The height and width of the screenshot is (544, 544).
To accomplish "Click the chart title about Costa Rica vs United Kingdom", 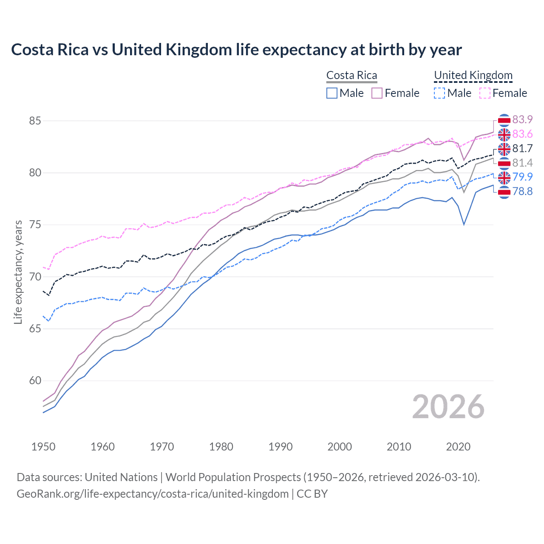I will coord(236,50).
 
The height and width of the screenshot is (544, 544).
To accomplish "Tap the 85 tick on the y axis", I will coord(35,121).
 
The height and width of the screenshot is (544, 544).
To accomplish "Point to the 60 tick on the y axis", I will coord(35,381).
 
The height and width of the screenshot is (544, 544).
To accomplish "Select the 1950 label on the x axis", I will coord(43,447).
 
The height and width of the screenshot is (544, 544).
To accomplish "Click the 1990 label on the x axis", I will coord(280,447).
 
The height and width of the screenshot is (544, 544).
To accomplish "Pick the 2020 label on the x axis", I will coord(458,447).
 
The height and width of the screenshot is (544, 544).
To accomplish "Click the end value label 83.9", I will coord(522,119).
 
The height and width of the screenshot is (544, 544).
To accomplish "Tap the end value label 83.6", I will coord(522,134).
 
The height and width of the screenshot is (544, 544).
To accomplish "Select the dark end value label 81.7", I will coord(522,148).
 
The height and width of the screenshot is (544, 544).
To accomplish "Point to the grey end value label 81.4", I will coord(522,163).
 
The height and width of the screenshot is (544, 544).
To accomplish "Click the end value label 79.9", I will coord(522,177).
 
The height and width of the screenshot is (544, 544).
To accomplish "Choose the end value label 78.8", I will coord(522,191).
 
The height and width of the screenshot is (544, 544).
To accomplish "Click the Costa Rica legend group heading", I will coord(351,75).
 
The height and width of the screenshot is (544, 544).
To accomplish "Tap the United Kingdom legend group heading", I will coord(473,75).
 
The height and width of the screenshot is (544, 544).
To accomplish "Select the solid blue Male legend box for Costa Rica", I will coord(332,93).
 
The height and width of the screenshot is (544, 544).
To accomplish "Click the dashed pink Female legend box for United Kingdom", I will coord(485,93).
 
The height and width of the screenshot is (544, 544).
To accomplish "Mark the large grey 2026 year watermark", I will coord(448,407).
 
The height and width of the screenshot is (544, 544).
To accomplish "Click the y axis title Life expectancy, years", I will coord(18,272).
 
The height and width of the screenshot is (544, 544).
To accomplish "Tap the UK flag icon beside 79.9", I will coord(504,177).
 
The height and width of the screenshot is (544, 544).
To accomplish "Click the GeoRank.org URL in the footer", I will coord(153,494).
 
